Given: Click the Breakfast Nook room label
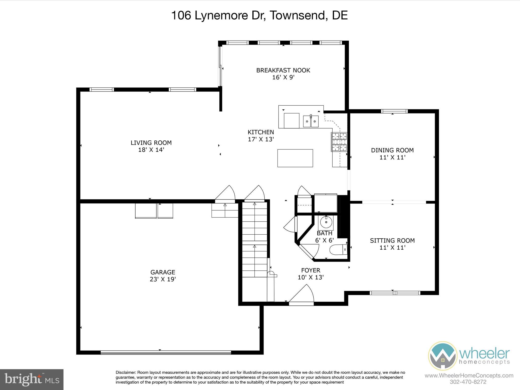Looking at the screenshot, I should (283, 70).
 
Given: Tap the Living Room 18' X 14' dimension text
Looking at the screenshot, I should (151, 150).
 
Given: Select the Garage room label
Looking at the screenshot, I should (163, 272).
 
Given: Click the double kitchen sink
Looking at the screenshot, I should (311, 121).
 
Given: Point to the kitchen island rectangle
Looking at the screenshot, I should (295, 158).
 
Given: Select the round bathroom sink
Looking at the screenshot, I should (326, 223).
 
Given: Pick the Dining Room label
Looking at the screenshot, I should (392, 150).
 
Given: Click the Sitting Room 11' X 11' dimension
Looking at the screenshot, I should (392, 248).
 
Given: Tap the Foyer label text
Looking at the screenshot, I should (311, 270).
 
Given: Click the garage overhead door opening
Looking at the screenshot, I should (166, 352).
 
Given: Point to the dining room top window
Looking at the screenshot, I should (394, 111).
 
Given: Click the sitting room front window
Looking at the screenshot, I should (395, 293).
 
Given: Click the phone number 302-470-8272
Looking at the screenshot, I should (468, 382).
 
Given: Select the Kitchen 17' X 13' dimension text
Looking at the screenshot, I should (261, 139).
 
